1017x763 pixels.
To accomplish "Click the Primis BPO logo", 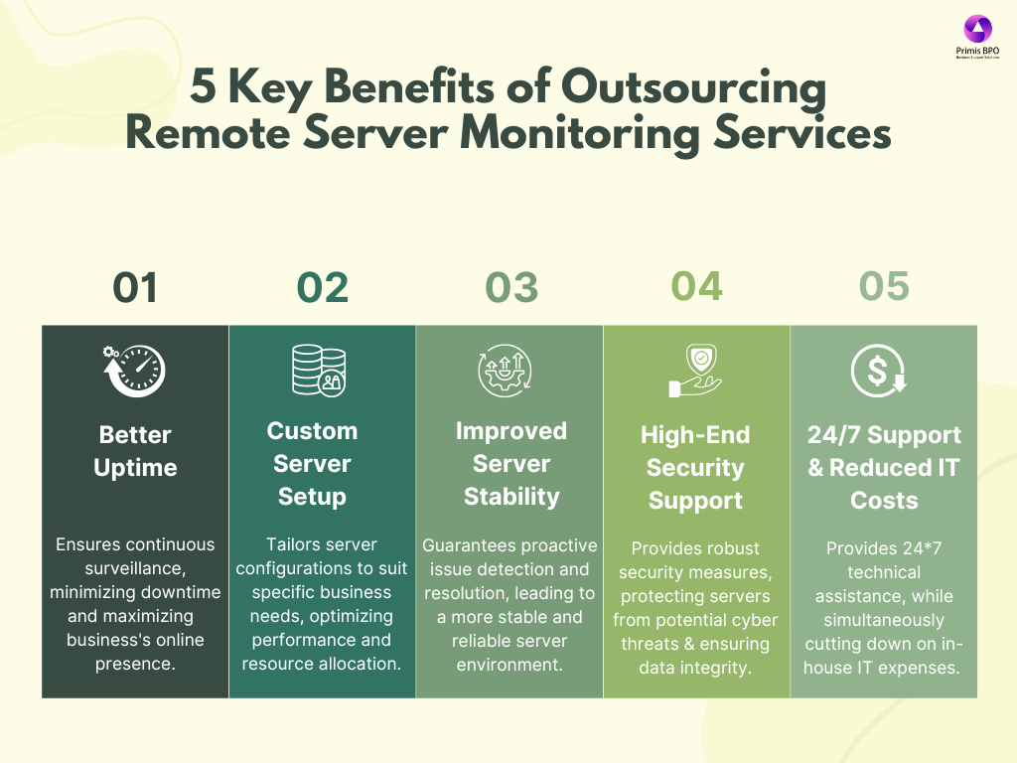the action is [977, 37].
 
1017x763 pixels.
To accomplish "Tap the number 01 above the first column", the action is [135, 287].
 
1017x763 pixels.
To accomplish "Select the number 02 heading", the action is [323, 287].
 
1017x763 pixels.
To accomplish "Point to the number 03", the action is [511, 287].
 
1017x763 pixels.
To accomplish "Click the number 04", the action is [696, 286].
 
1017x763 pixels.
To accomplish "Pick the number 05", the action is [884, 286].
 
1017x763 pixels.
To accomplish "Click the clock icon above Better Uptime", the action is [134, 371].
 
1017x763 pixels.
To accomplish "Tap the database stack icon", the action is [319, 370].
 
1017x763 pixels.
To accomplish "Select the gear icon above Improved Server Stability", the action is [505, 371].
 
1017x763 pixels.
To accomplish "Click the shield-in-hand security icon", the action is [695, 371].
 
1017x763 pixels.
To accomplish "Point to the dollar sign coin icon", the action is [879, 371].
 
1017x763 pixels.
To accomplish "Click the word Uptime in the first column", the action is [135, 468].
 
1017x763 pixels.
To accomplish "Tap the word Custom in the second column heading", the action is [312, 431].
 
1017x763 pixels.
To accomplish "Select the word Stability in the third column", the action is [511, 497].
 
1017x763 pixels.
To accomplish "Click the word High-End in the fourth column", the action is [695, 435].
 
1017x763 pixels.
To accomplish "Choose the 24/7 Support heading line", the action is [884, 435].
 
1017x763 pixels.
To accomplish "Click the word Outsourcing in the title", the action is [693, 87].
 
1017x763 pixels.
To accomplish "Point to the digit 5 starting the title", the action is [203, 85].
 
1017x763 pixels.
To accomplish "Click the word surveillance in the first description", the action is [135, 568].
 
